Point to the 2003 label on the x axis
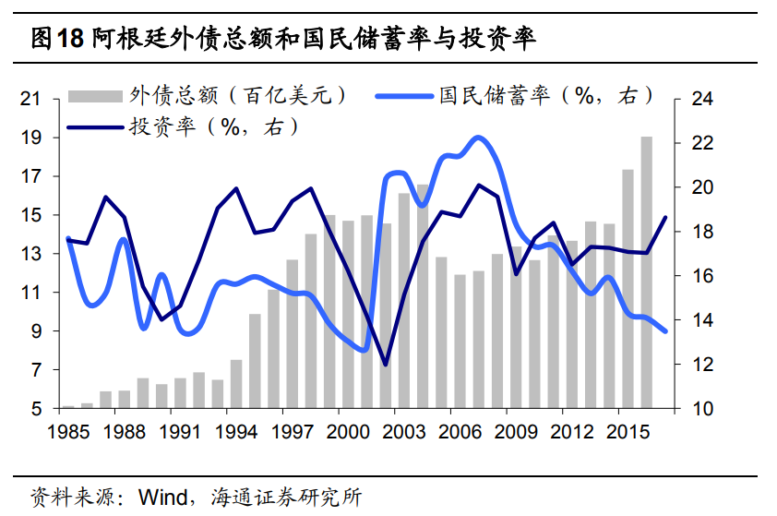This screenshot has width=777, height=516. coord(404,431)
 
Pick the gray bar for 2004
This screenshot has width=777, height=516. coord(423,296)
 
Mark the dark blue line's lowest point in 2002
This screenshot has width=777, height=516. coord(385,365)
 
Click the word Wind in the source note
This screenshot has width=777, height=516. coord(160,497)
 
